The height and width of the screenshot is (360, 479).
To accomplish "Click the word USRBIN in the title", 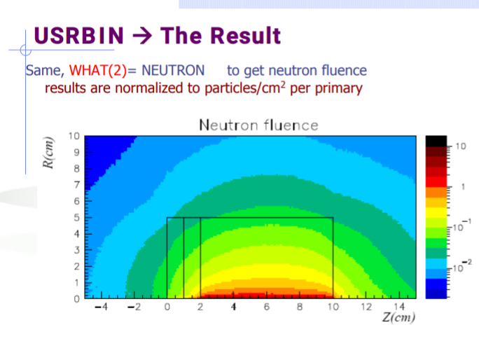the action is pyautogui.click(x=79, y=36).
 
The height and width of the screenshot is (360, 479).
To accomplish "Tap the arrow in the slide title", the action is pyautogui.click(x=142, y=36).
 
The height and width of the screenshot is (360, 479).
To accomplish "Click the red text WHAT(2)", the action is pyautogui.click(x=98, y=71).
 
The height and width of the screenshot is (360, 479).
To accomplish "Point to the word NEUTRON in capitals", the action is pyautogui.click(x=173, y=71).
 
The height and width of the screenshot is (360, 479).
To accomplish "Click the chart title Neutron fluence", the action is pyautogui.click(x=258, y=125).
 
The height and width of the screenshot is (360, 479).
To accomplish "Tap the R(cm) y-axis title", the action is pyautogui.click(x=48, y=153).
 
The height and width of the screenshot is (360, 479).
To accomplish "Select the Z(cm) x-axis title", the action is pyautogui.click(x=398, y=317).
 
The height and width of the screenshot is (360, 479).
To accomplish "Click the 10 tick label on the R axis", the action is pyautogui.click(x=74, y=136).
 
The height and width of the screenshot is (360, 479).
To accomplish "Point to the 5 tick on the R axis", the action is pyautogui.click(x=76, y=218).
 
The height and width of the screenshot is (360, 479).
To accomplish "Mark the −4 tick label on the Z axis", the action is pyautogui.click(x=102, y=307).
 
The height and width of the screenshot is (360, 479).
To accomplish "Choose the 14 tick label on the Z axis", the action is pyautogui.click(x=399, y=307).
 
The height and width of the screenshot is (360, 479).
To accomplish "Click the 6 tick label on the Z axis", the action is pyautogui.click(x=267, y=307).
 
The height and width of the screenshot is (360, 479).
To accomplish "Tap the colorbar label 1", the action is pyautogui.click(x=463, y=187).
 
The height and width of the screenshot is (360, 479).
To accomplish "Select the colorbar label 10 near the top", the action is pyautogui.click(x=461, y=146).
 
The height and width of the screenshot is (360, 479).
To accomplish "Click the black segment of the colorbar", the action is pyautogui.click(x=436, y=141).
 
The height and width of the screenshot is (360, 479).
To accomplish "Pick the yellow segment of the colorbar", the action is pyautogui.click(x=436, y=213).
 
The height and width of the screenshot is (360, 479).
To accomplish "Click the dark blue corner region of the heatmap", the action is pyautogui.click(x=101, y=156).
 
